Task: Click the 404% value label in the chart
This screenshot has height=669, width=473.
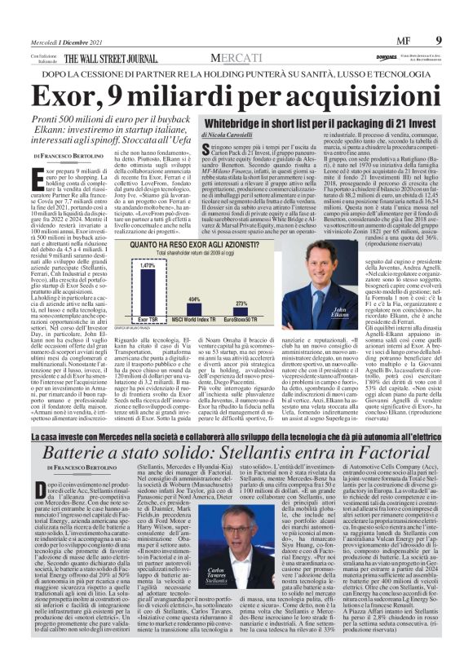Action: [x=194, y=299]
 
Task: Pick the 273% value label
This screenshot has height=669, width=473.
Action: [x=241, y=303]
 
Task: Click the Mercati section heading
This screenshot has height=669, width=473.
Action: [x=236, y=58]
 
